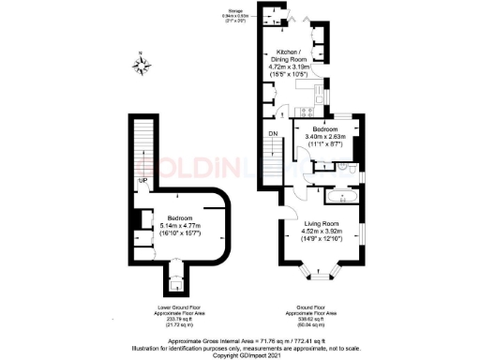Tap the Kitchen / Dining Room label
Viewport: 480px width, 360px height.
click(x=291, y=53)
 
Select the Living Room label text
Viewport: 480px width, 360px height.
click(x=320, y=223)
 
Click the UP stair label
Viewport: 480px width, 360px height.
click(x=142, y=181)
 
